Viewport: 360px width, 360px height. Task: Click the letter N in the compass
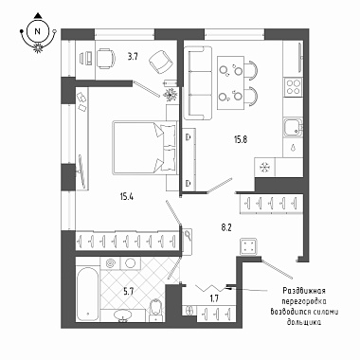point(38,31)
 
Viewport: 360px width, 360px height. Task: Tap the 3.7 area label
point(133,57)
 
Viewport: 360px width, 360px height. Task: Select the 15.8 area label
point(241,139)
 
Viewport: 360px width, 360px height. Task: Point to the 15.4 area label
point(126,197)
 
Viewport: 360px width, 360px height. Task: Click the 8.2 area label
point(225,227)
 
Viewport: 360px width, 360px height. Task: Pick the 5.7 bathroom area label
point(128,291)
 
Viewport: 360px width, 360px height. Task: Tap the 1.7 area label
point(214,298)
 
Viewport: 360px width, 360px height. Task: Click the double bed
point(144,148)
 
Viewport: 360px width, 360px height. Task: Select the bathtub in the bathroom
point(87,294)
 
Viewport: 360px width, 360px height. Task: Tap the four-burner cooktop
point(293,86)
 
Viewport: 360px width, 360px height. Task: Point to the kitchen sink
point(293,127)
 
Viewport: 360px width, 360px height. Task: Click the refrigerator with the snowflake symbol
point(264,167)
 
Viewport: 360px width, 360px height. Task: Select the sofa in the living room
point(198,83)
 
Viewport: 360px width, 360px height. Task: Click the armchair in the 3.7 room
point(162,62)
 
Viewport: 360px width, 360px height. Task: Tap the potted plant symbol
point(171,94)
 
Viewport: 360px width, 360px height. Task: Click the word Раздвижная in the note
point(304,291)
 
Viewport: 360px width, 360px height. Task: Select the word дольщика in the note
point(304,322)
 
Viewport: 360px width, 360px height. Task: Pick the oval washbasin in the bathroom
point(123,315)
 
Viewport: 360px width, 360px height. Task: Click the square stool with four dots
point(248,246)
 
